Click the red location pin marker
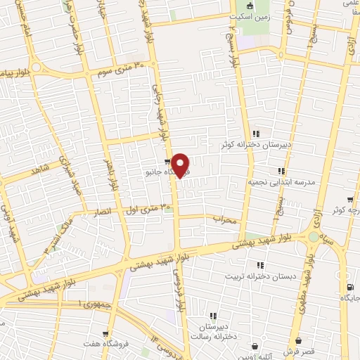[181, 165]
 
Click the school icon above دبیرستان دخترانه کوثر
[257, 134]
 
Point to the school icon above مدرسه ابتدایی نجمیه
[281, 170]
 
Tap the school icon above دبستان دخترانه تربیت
[259, 265]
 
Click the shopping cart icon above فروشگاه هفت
[105, 334]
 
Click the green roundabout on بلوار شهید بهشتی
[312, 237]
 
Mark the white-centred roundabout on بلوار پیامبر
[36, 68]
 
